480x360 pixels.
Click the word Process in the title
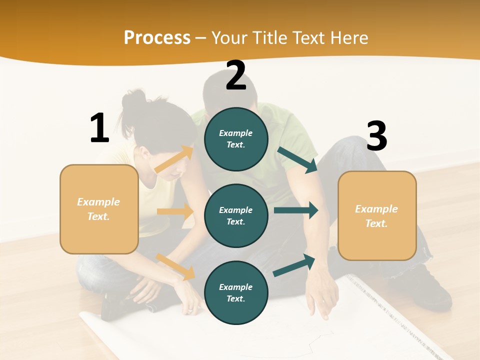[157, 37]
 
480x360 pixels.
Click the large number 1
[99, 128]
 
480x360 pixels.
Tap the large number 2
[236, 75]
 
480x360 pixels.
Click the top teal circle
[236, 139]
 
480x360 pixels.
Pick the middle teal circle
[236, 215]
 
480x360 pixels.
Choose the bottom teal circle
[236, 292]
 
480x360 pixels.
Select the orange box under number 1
[99, 209]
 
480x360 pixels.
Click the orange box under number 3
[377, 215]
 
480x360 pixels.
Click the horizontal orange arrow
[175, 211]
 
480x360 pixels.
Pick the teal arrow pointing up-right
[294, 264]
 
